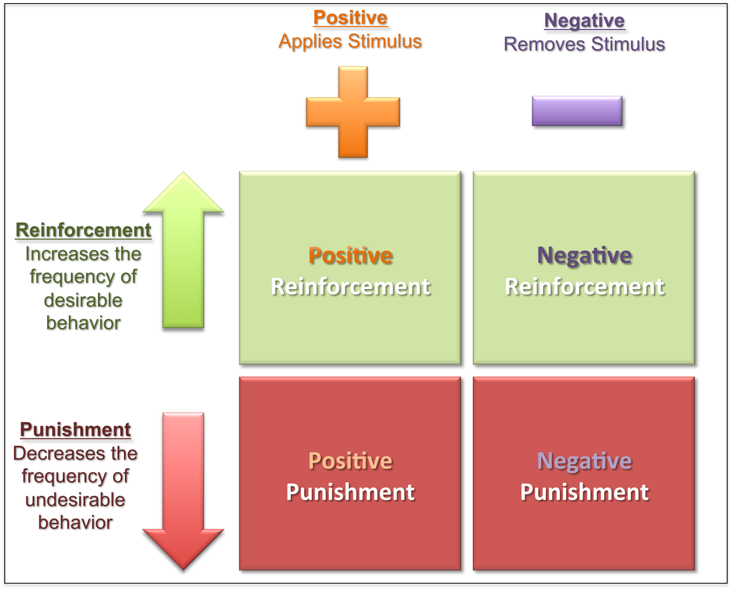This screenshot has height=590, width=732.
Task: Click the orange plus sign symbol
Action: [353, 113]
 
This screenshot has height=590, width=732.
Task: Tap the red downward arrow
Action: [183, 492]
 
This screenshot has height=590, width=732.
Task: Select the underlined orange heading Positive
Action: [350, 18]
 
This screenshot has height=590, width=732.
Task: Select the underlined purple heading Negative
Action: [585, 21]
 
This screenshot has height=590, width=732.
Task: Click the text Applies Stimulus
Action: [350, 41]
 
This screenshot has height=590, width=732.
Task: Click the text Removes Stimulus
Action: [585, 45]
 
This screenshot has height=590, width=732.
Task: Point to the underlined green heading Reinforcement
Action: [84, 231]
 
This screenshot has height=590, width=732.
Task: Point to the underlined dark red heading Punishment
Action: [76, 430]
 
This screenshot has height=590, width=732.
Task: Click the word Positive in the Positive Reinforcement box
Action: [350, 256]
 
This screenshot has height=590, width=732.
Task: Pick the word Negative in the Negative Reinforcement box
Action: [585, 256]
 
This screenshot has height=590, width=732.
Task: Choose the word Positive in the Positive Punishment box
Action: [350, 461]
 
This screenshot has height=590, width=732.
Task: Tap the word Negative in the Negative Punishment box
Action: [585, 461]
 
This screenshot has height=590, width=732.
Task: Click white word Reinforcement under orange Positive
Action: [350, 287]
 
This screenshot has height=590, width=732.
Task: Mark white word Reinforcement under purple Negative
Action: [585, 287]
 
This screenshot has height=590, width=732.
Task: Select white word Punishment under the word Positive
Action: [350, 492]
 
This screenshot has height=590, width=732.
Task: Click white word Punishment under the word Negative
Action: [585, 492]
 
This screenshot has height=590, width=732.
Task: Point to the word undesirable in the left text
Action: [76, 500]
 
